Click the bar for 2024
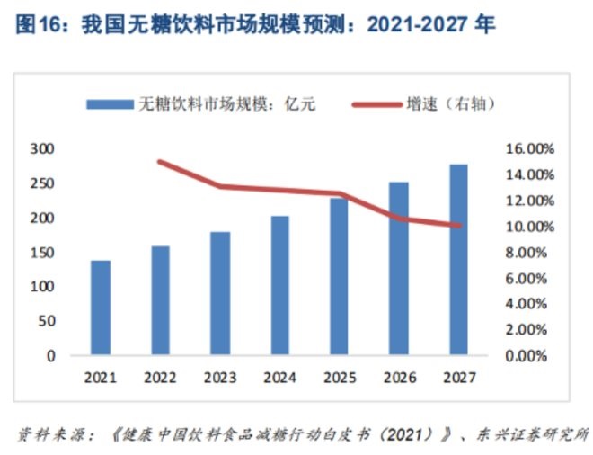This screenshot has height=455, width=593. pos(279,285)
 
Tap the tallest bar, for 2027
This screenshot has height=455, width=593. pos(458,259)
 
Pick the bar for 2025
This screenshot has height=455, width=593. pos(339,276)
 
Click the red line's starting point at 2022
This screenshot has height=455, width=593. pos(160,162)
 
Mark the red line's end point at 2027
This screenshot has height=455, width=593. pos(458,226)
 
